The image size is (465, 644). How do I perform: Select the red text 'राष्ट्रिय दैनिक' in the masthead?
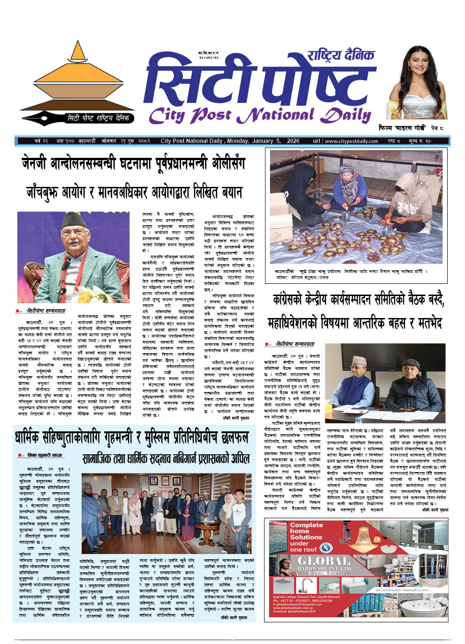341,56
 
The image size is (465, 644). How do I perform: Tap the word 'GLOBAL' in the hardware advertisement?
323,561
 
